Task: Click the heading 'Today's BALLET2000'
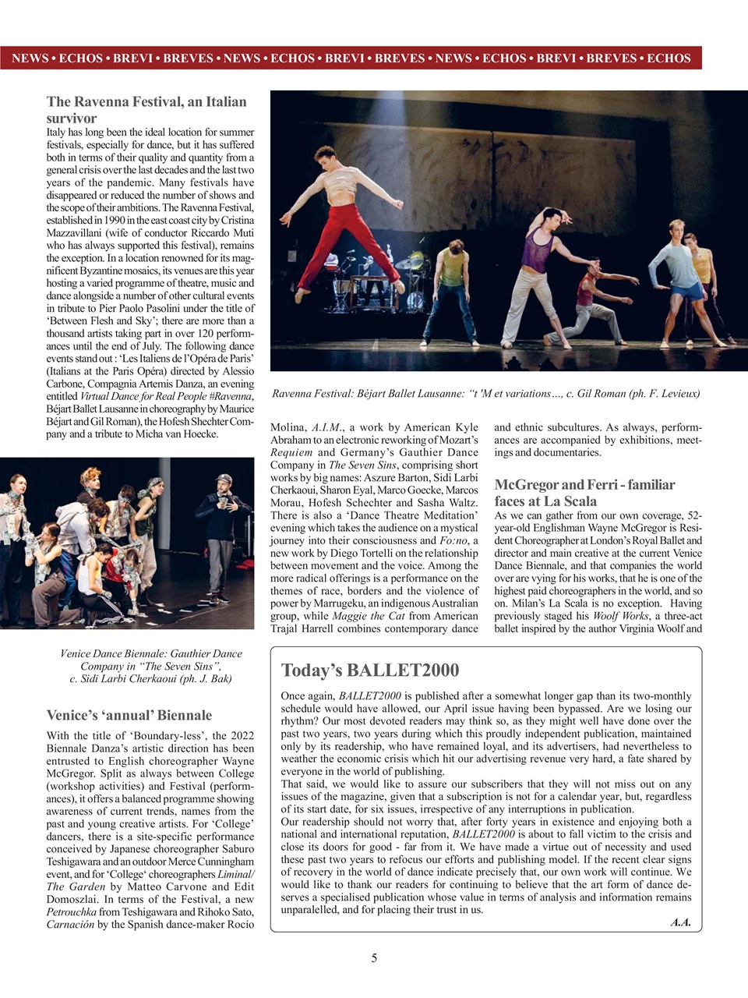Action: point(369,671)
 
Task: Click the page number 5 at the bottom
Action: point(374,958)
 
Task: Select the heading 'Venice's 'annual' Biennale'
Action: point(129,715)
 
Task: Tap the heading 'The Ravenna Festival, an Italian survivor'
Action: point(146,110)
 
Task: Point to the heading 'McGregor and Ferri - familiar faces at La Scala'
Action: point(584,493)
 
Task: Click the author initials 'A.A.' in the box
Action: point(680,922)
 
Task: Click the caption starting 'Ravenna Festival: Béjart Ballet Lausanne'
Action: point(485,394)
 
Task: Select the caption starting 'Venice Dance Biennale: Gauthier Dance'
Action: point(150,666)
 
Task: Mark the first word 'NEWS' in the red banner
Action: point(30,58)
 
